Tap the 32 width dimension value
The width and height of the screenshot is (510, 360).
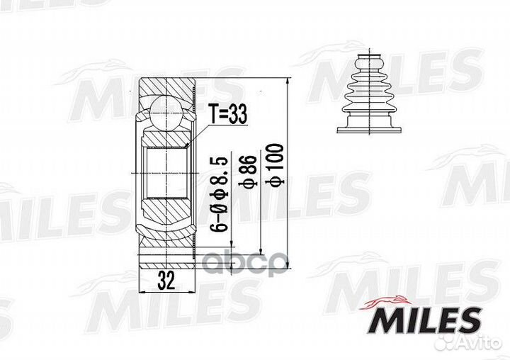pyautogui.click(x=166, y=281)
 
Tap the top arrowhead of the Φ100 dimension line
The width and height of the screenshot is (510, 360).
pyautogui.click(x=289, y=82)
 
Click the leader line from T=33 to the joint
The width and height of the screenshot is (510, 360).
pyautogui.click(x=199, y=133)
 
